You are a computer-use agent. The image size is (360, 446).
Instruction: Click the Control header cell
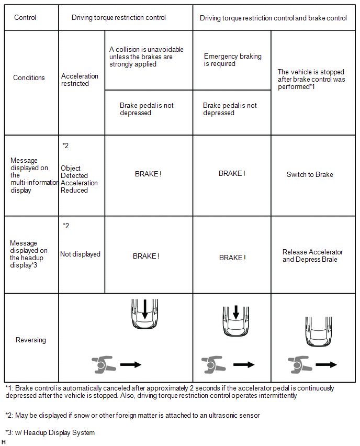pyautogui.click(x=25, y=18)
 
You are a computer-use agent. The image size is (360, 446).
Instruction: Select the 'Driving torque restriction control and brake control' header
pyautogui.click(x=273, y=18)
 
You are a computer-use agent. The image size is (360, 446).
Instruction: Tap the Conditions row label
pyautogui.click(x=29, y=77)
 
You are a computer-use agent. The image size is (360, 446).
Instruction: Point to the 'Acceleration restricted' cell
pyautogui.click(x=80, y=80)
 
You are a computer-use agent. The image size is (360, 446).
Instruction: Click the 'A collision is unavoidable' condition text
pyautogui.click(x=146, y=57)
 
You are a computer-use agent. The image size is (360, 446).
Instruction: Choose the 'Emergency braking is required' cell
pyautogui.click(x=232, y=60)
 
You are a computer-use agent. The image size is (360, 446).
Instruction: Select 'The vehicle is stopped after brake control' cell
pyautogui.click(x=311, y=80)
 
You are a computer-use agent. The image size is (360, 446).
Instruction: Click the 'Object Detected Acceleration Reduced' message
pyautogui.click(x=79, y=180)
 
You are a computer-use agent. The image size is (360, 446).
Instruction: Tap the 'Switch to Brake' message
pyautogui.click(x=310, y=175)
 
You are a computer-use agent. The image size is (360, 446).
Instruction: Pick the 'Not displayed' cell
pyautogui.click(x=80, y=254)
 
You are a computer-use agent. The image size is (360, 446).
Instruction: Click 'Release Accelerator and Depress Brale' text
pyautogui.click(x=313, y=256)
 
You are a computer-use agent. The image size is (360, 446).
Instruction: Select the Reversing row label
pyautogui.click(x=31, y=340)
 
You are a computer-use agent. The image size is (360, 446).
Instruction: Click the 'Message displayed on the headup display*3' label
pyautogui.click(x=27, y=254)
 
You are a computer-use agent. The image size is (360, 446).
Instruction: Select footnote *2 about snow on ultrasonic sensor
pyautogui.click(x=132, y=416)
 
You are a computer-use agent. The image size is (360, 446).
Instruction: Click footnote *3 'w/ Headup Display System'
pyautogui.click(x=50, y=432)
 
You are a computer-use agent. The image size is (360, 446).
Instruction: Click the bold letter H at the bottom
pyautogui.click(x=4, y=442)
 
